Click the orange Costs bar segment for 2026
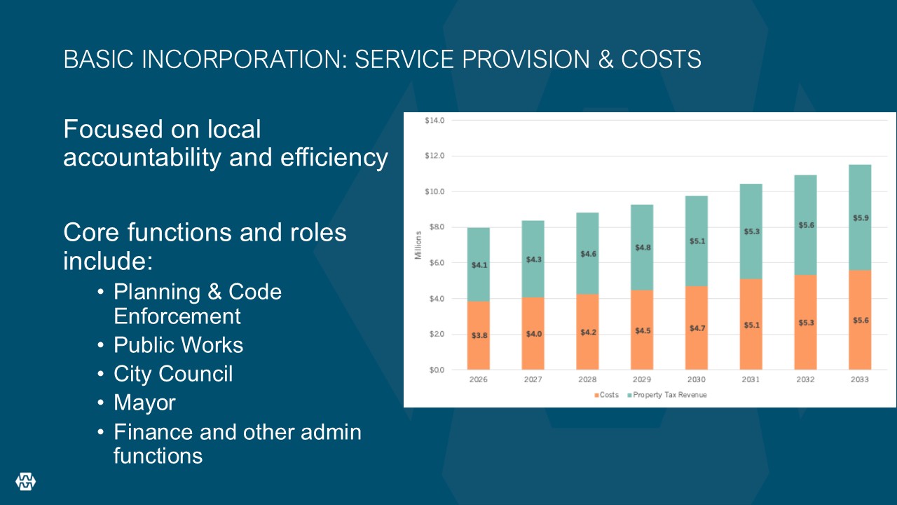point(478,335)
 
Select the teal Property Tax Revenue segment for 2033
point(860,217)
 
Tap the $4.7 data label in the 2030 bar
point(697,328)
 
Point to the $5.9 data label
point(861,218)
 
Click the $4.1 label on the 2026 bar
point(479,265)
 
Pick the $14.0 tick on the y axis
point(434,120)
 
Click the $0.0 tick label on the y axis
point(437,370)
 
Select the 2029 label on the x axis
point(641,379)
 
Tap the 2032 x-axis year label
point(805,379)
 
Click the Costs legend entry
point(606,395)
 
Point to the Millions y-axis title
point(418,245)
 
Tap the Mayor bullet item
point(144,403)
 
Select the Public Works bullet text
point(178,344)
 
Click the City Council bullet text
point(173,374)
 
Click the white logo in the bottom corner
point(26,481)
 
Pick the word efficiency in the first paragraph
point(334,157)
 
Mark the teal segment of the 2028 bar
point(587,253)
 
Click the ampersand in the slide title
point(605,60)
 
